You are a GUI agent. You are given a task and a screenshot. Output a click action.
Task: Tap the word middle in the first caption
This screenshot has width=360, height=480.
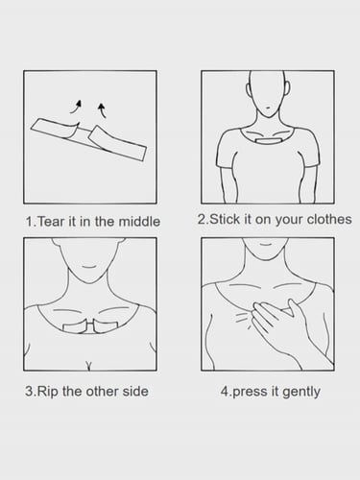(x=139, y=222)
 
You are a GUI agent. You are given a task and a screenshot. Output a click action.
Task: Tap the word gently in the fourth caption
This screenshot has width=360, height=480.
(x=301, y=393)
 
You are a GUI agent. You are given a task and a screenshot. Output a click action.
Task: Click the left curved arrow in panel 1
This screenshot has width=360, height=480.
(x=77, y=107)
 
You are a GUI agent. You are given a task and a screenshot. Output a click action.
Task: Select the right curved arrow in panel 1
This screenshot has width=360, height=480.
(x=102, y=109)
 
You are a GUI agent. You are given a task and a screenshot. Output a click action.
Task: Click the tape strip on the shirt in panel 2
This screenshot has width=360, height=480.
(x=268, y=141)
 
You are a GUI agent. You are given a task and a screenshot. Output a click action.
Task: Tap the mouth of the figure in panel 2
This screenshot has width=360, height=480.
(x=268, y=108)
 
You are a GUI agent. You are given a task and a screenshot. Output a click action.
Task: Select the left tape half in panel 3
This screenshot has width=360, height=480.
(x=75, y=328)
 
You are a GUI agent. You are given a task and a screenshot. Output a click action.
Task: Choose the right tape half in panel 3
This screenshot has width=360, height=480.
(x=106, y=327)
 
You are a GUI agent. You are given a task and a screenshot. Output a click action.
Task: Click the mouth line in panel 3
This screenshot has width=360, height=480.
(x=90, y=267)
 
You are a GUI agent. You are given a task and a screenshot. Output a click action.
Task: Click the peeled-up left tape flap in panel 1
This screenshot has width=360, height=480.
(x=74, y=130)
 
